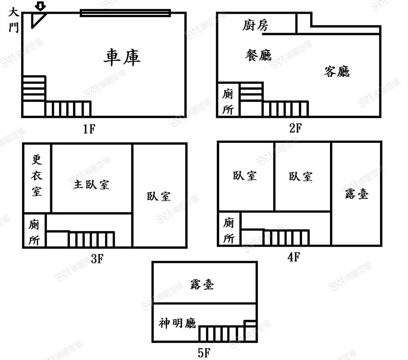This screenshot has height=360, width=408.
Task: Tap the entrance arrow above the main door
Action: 41,6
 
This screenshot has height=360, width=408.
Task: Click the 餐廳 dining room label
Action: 258,55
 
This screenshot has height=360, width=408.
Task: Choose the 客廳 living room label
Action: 337,71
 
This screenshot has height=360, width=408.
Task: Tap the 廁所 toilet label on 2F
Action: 228,102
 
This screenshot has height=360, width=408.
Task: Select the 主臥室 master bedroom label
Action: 91,185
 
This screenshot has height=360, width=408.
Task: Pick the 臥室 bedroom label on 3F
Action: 159,196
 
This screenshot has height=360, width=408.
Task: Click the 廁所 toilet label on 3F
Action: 34,232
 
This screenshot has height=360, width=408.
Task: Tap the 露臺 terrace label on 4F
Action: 356,194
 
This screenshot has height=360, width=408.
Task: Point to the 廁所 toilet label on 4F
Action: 229,230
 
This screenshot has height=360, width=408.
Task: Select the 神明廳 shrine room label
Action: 177,323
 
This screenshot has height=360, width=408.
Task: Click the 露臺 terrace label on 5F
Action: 202,284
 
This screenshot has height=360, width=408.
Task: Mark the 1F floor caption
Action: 89,129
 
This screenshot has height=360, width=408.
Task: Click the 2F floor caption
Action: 295,128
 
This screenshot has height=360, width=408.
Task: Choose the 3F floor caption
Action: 97,259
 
